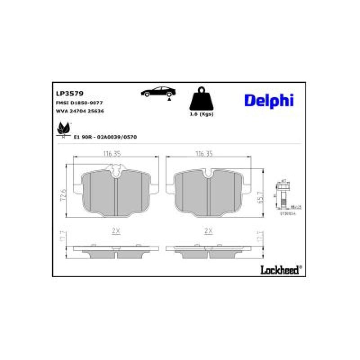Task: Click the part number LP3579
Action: pos(66,94)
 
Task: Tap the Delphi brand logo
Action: pos(269,100)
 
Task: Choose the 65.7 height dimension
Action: pos(259,195)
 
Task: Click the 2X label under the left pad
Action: pos(116,230)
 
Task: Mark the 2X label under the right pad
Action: pos(208,230)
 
